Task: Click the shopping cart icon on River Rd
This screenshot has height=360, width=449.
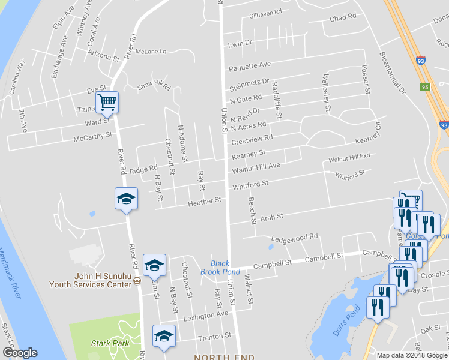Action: tap(107, 102)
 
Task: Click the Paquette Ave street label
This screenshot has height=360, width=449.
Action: tap(249, 64)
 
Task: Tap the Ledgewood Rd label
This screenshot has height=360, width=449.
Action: tap(294, 238)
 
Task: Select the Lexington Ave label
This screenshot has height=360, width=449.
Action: tap(205, 314)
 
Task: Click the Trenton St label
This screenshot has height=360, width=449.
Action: tap(215, 337)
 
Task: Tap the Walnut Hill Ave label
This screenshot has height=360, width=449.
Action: tap(256, 166)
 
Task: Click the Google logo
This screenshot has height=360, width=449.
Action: tap(19, 353)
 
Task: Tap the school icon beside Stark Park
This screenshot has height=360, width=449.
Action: tap(163, 337)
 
